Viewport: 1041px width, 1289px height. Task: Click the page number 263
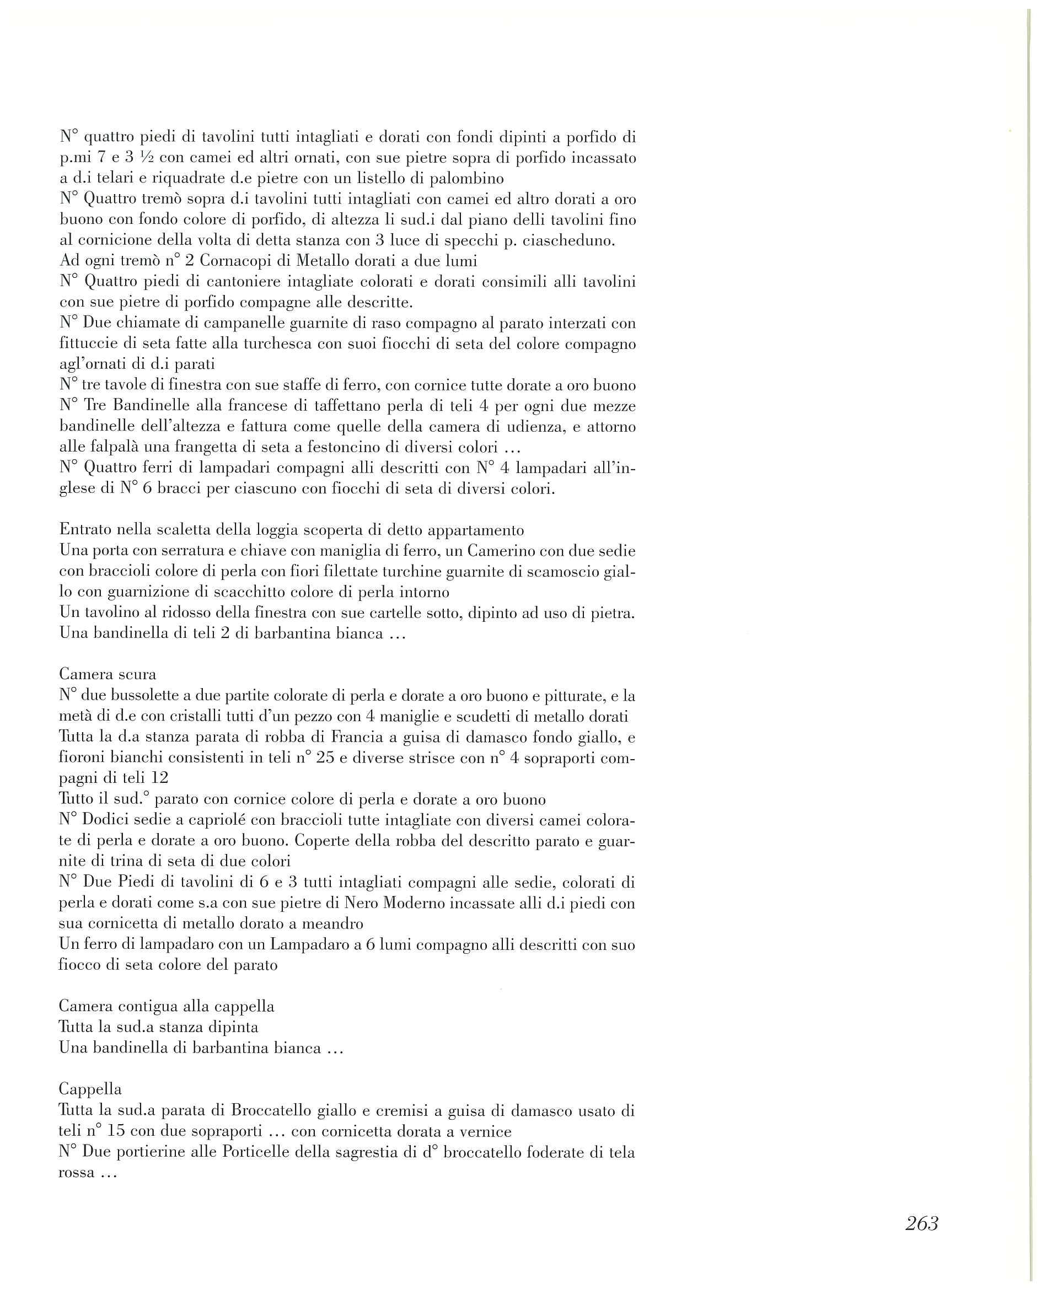921,1223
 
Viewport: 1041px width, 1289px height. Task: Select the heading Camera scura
108,674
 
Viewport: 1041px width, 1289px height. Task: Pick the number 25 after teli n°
324,759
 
